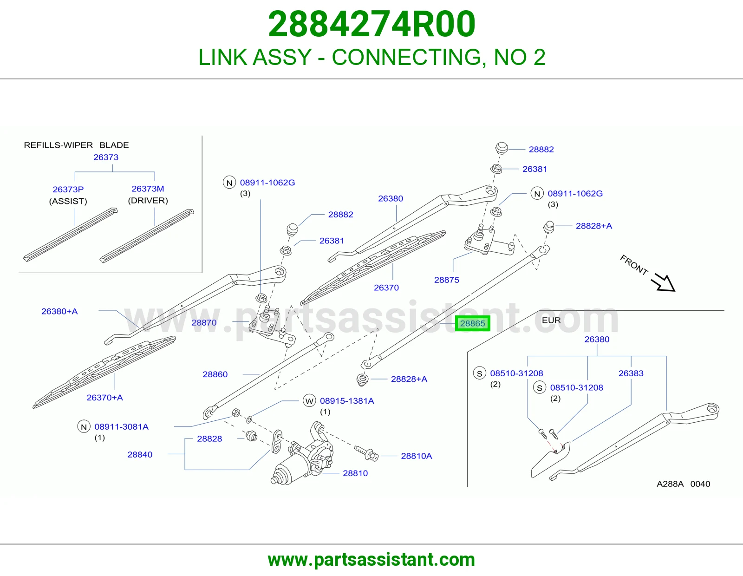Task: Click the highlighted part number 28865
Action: pos(473,323)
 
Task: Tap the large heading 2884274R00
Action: pos(371,24)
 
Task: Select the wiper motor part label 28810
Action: pos(355,473)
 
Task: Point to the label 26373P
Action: pos(68,189)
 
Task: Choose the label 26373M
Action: pos(148,189)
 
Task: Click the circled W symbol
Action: pos(309,401)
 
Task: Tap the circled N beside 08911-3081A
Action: pos(84,426)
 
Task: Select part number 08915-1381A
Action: pos(347,400)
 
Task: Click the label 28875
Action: pos(447,280)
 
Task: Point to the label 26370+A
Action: pos(104,398)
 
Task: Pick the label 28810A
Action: pos(417,456)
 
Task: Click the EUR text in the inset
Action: pos(551,320)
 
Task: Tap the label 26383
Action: pos(631,373)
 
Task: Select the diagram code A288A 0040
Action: pos(683,484)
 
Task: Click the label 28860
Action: pos(215,374)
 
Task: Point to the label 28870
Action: pos(204,322)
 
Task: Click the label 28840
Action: pos(140,455)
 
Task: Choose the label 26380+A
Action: pos(59,311)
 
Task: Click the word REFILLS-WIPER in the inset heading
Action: pos(59,145)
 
